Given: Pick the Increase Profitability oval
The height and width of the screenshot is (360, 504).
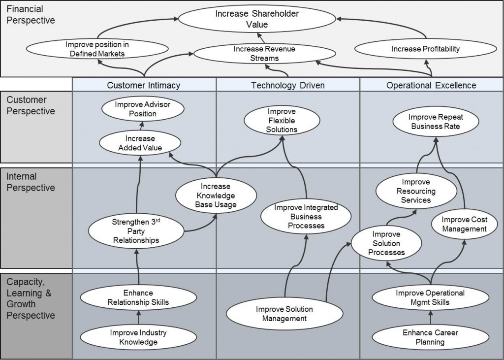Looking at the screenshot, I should pos(425,49).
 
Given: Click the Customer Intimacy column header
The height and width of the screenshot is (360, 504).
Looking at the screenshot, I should pos(144,85).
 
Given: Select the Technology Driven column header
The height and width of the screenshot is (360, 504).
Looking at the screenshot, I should pos(287,85).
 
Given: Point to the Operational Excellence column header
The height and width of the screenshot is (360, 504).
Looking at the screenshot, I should pos(431,85).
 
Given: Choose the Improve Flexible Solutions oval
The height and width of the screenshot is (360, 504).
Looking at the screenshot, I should pos(283,121).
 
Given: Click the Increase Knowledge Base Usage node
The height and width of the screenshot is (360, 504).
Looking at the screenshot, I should pos(215,196).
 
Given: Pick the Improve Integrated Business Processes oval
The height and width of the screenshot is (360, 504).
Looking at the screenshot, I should pos(306,217).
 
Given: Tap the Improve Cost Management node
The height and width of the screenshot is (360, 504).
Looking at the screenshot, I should pos(464,224).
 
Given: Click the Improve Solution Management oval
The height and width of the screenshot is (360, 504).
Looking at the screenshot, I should pos(284,314).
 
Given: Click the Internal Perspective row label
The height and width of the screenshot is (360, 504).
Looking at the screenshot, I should pos(31,182).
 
